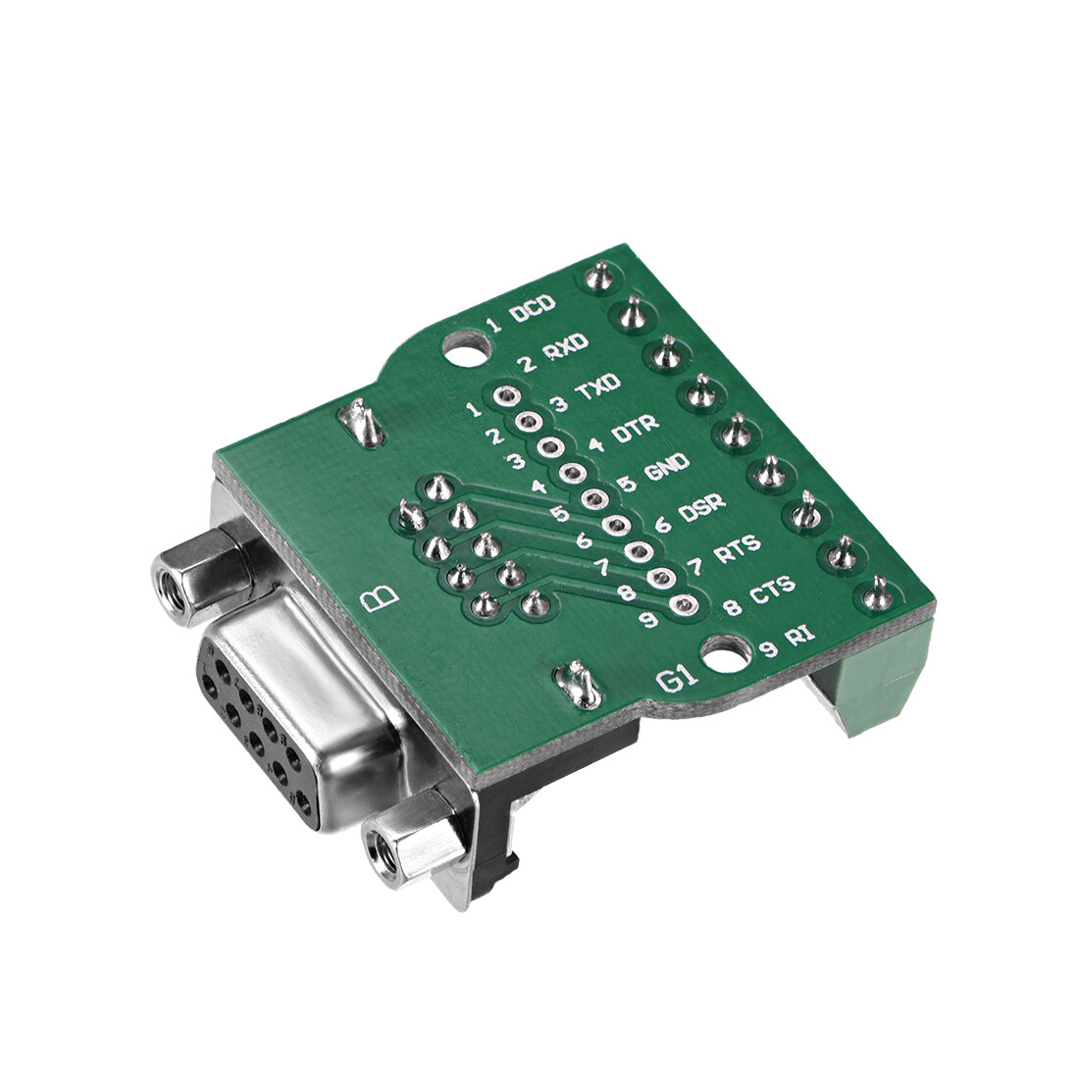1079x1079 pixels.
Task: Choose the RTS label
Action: (734, 553)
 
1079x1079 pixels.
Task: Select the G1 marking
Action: (676, 679)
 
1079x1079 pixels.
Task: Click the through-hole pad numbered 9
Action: (684, 606)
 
